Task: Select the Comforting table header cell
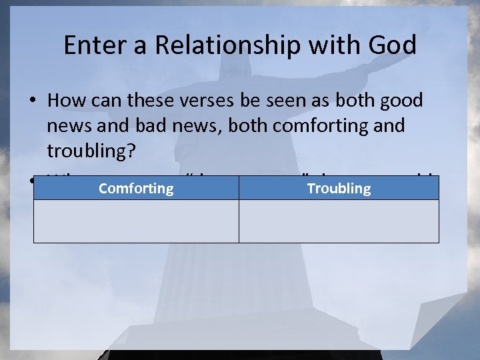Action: pos(136,188)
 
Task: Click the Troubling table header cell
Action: pos(339,188)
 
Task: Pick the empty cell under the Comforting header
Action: pos(136,221)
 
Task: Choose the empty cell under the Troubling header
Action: pos(339,221)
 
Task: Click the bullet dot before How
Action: pos(33,101)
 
